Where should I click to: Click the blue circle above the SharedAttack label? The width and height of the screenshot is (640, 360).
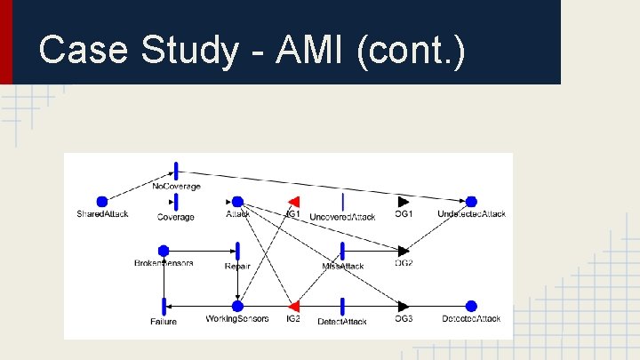pyautogui.click(x=102, y=202)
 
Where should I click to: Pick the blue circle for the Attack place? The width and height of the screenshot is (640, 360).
pyautogui.click(x=237, y=202)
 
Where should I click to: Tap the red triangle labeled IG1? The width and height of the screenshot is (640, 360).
pyautogui.click(x=293, y=202)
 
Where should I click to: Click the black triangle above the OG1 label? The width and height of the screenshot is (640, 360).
pyautogui.click(x=404, y=202)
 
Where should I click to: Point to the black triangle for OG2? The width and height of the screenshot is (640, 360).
pyautogui.click(x=404, y=252)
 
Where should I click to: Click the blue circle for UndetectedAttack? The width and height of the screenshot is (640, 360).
pyautogui.click(x=471, y=202)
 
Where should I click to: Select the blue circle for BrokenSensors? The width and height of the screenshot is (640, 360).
pyautogui.click(x=164, y=252)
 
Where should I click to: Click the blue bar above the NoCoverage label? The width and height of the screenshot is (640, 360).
pyautogui.click(x=176, y=171)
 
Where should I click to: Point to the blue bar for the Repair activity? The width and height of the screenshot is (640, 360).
pyautogui.click(x=237, y=252)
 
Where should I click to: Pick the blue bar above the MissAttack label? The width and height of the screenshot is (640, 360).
pyautogui.click(x=342, y=252)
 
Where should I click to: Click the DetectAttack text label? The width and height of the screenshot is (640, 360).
pyautogui.click(x=342, y=321)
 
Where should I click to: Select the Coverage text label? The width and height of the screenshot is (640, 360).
pyautogui.click(x=176, y=217)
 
